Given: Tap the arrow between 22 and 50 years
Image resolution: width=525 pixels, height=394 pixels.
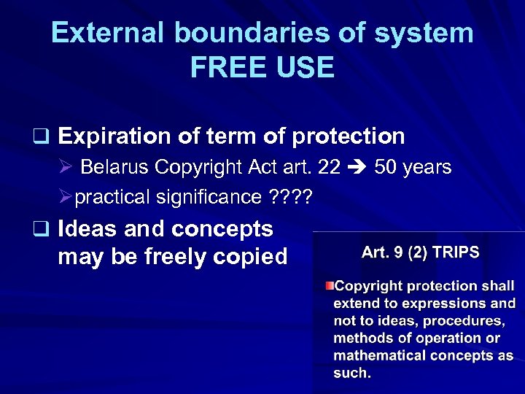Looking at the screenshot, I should click(x=357, y=168).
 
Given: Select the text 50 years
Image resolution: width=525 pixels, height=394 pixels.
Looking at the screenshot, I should click(x=413, y=167).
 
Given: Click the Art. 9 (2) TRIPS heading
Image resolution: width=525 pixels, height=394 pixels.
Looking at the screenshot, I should click(x=421, y=252).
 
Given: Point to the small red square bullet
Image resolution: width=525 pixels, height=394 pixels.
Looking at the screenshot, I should click(x=330, y=285).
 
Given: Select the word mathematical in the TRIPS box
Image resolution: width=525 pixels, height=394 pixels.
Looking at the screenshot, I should click(x=380, y=355).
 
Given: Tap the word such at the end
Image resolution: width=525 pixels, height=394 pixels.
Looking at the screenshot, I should click(x=351, y=373).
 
